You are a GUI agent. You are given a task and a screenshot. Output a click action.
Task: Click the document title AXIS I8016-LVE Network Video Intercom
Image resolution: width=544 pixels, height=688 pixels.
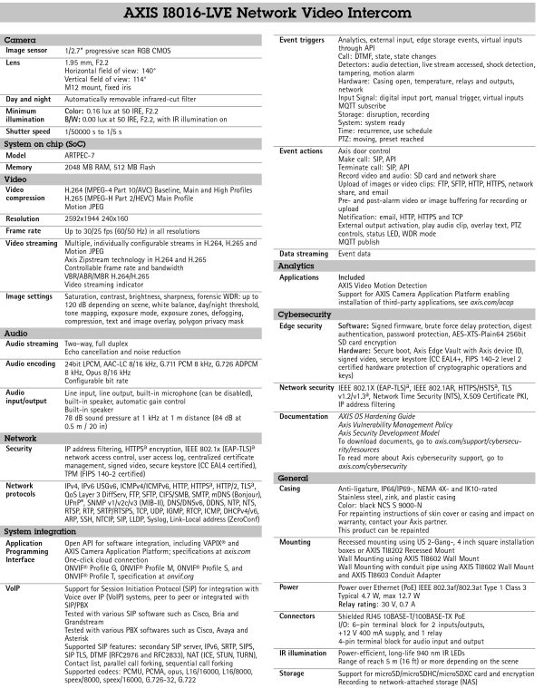pyautogui.click(x=272, y=16)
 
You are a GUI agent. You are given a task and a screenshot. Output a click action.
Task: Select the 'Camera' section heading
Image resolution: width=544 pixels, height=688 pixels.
pyautogui.click(x=20, y=41)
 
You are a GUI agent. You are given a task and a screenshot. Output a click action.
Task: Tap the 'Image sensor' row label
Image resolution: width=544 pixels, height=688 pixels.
pyautogui.click(x=28, y=53)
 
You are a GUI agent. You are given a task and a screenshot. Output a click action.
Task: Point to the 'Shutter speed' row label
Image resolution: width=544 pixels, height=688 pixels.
pyautogui.click(x=30, y=130)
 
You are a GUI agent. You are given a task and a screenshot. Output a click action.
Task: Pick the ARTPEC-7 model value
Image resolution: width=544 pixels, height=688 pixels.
pyautogui.click(x=83, y=155)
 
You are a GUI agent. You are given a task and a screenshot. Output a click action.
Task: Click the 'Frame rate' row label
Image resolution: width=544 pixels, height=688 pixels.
pyautogui.click(x=25, y=232)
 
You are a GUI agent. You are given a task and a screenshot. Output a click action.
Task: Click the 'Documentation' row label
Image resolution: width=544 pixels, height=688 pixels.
pyautogui.click(x=305, y=415)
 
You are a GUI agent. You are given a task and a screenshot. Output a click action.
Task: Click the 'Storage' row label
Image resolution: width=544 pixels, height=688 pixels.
pyautogui.click(x=294, y=673)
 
